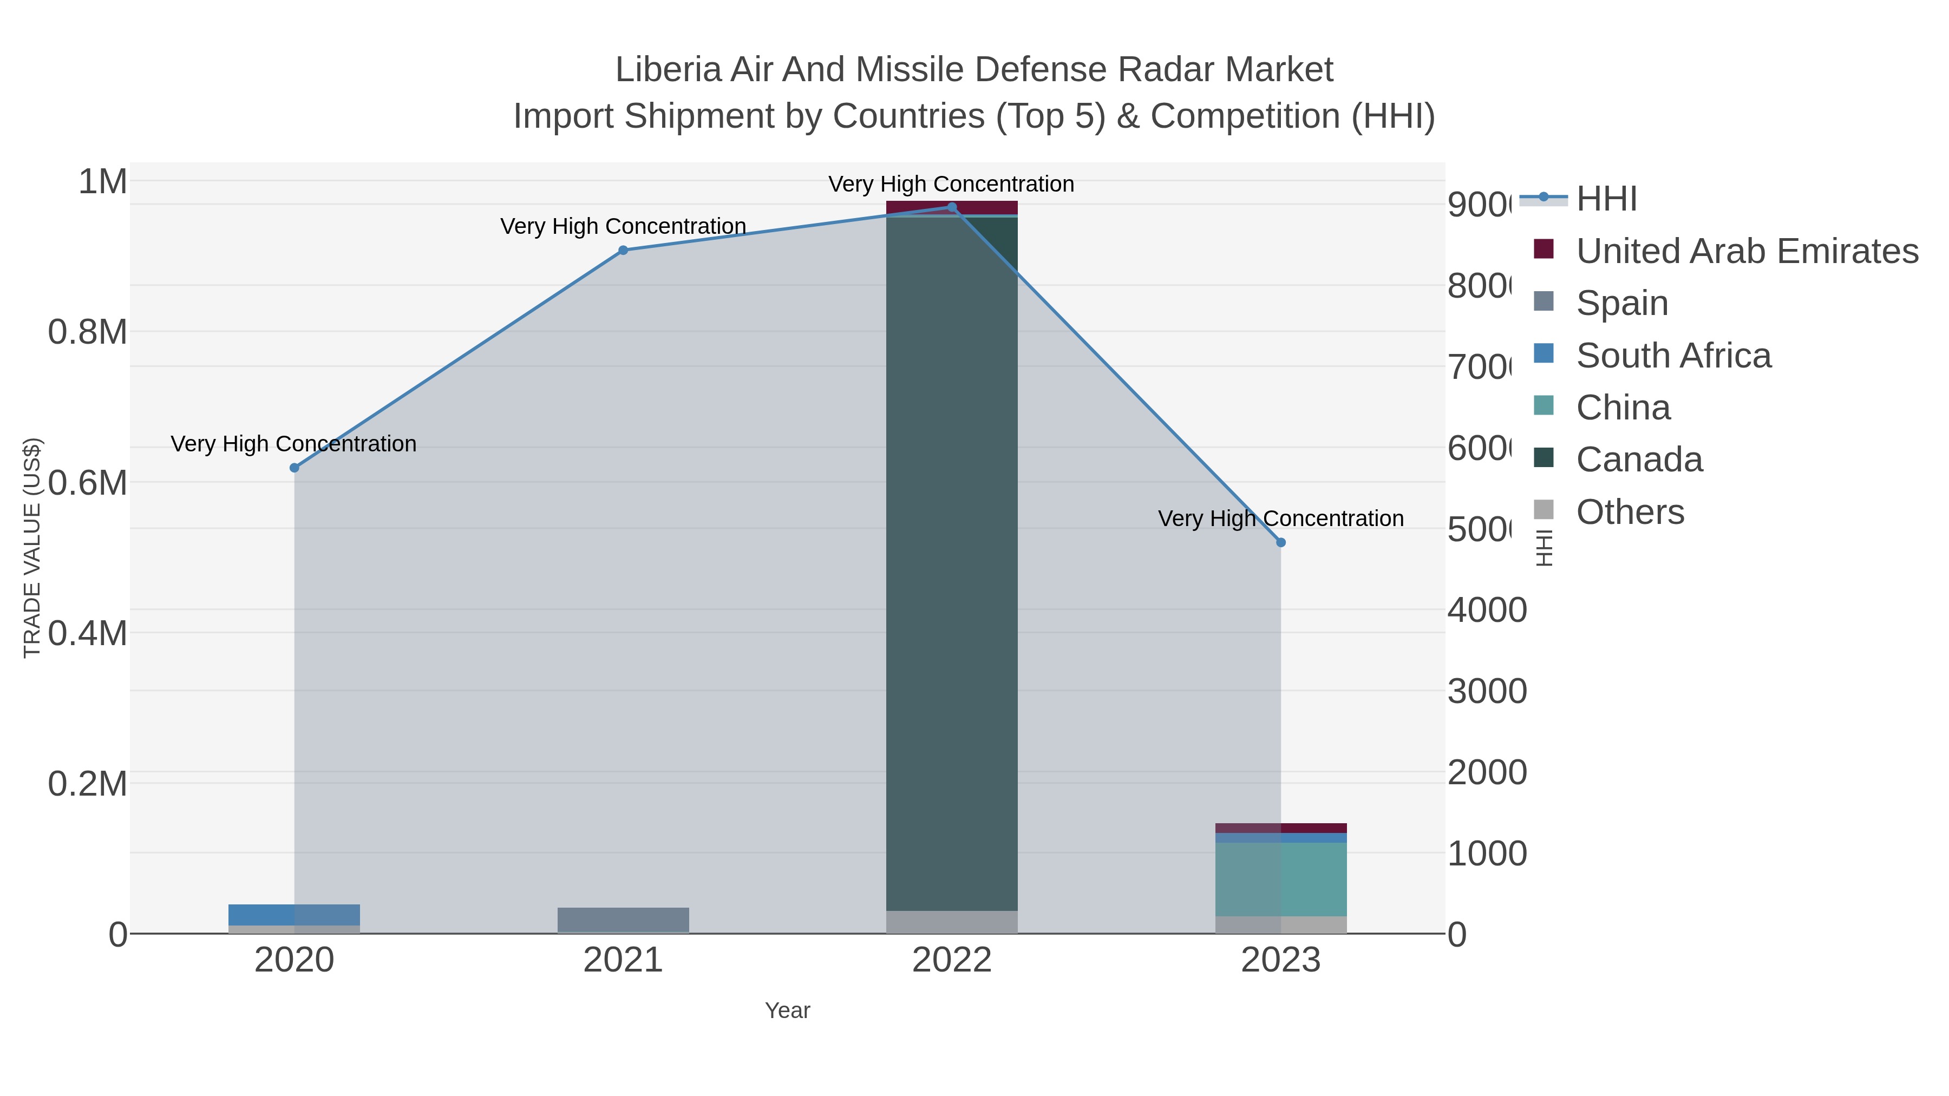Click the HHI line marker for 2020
click(295, 468)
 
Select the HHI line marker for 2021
click(623, 251)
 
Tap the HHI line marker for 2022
click(952, 207)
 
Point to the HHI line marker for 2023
click(1280, 542)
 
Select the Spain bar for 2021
click(623, 920)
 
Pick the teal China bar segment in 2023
click(1280, 879)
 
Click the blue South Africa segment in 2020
click(295, 915)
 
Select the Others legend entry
click(1630, 512)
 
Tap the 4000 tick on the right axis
click(1487, 611)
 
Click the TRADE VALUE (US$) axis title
click(32, 548)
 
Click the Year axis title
click(787, 1010)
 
